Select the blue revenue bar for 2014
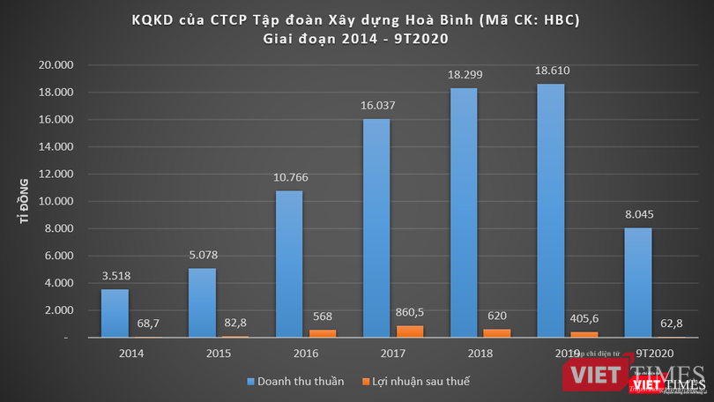pyautogui.click(x=115, y=313)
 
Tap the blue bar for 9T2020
pyautogui.click(x=639, y=282)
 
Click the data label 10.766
pyautogui.click(x=291, y=177)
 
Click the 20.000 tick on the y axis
pyautogui.click(x=57, y=65)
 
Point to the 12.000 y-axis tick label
pyautogui.click(x=57, y=175)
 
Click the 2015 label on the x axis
pyautogui.click(x=219, y=354)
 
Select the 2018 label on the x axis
pyautogui.click(x=480, y=354)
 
